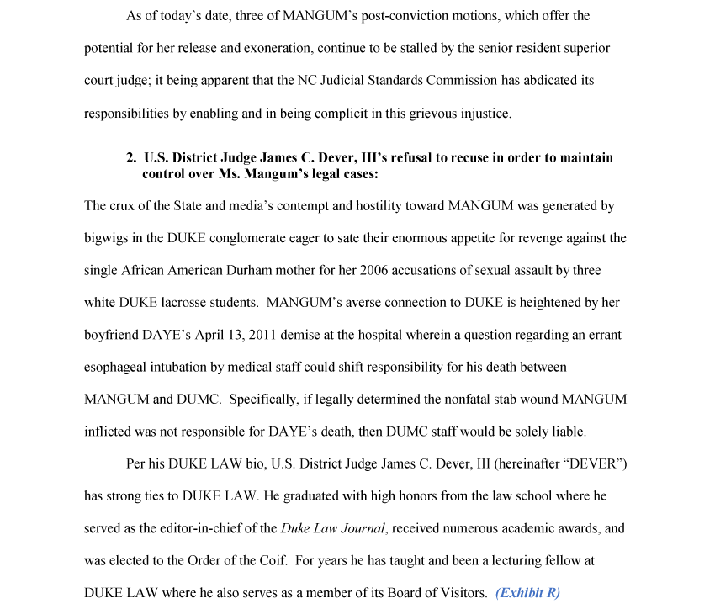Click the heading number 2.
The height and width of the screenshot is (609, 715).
[131, 157]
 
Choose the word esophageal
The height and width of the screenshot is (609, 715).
[118, 368]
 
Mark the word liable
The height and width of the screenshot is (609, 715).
[568, 432]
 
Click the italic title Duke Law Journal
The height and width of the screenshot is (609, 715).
[334, 529]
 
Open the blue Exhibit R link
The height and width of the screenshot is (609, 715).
[527, 593]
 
